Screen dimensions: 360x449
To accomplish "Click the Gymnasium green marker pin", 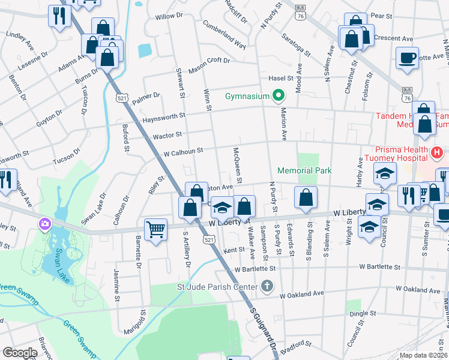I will (x=278, y=95).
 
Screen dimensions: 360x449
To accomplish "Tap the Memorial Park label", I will (x=305, y=171).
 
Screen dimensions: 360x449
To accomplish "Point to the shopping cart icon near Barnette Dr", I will (x=155, y=229).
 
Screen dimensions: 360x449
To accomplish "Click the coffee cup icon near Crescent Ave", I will (x=407, y=58).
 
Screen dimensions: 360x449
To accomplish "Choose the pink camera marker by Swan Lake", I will (x=44, y=224).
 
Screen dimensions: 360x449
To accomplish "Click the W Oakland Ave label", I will (x=302, y=294).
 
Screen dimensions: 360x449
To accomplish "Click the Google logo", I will (x=20, y=353).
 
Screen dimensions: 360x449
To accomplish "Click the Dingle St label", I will (x=363, y=313).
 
